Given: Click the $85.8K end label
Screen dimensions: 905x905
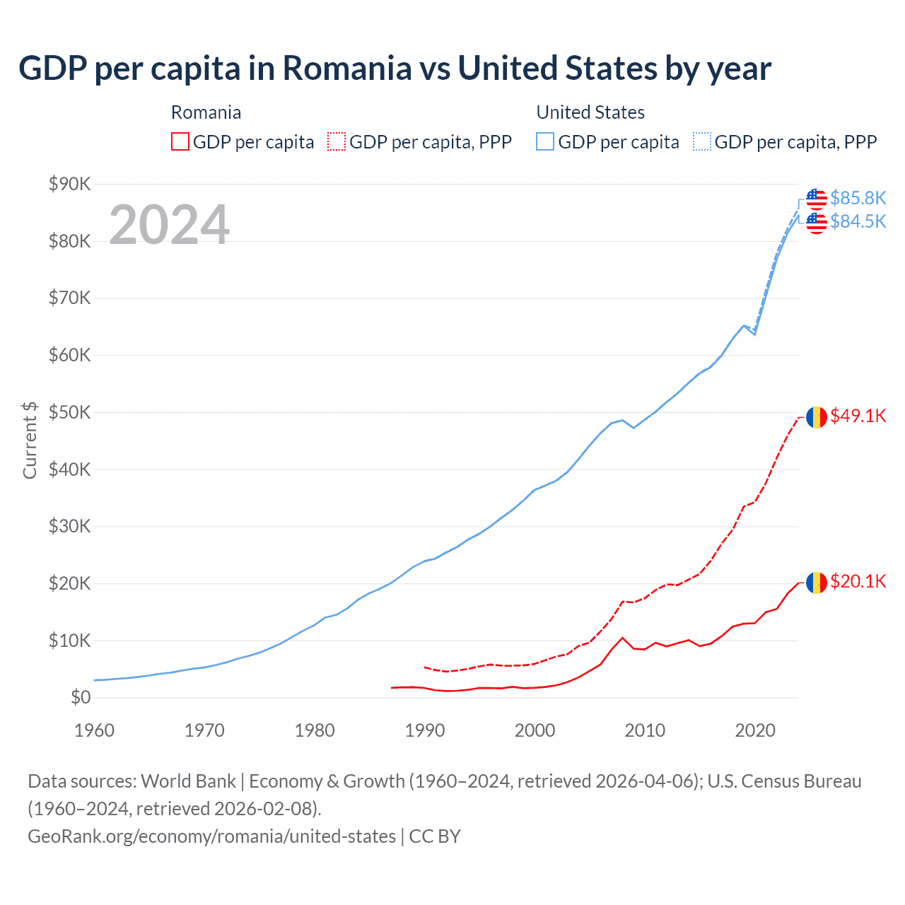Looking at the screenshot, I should click(x=858, y=198).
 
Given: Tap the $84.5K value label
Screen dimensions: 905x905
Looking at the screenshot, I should click(x=858, y=222).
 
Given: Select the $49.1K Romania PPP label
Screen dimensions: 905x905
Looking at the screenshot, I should click(x=858, y=416).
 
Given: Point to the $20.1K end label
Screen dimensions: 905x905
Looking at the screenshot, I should click(x=858, y=581).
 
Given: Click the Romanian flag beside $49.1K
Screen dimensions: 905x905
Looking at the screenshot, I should click(x=817, y=417).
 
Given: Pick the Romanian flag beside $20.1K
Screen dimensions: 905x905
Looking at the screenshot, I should click(x=817, y=583).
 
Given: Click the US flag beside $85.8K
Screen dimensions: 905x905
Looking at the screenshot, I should click(x=817, y=199).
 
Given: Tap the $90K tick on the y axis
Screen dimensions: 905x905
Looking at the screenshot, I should click(x=70, y=185).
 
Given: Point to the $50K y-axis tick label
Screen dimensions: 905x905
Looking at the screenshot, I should click(x=70, y=413).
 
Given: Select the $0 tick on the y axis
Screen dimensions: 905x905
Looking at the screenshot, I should click(x=81, y=698).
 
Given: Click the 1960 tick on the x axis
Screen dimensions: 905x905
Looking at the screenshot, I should click(x=94, y=730).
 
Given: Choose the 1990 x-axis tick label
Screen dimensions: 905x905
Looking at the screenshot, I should click(x=425, y=730).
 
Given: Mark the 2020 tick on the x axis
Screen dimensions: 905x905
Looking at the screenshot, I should click(x=755, y=730).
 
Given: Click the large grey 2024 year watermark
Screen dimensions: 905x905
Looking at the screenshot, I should click(x=169, y=225).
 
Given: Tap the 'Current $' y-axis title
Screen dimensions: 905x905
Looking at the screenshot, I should click(x=30, y=440).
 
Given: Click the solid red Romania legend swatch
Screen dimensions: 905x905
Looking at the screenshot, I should click(x=180, y=142).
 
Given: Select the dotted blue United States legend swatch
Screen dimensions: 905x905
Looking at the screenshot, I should click(x=702, y=142).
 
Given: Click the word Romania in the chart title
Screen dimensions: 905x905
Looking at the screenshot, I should click(x=347, y=69).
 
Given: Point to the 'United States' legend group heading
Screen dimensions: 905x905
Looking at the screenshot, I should click(x=590, y=112).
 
